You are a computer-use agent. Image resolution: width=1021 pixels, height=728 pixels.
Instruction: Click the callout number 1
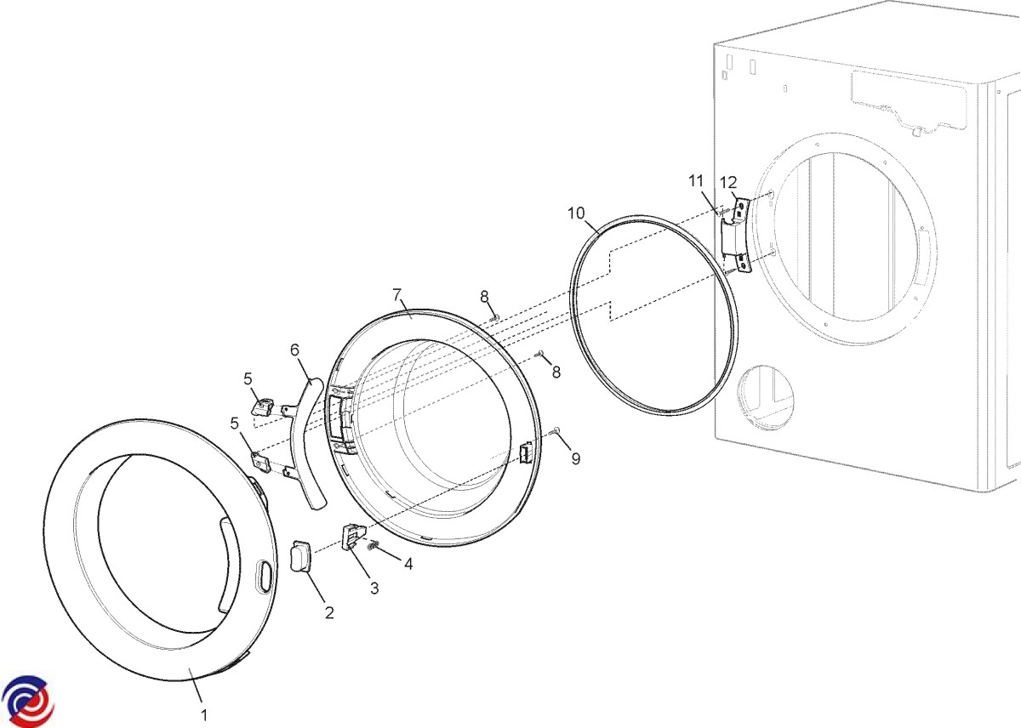click(204, 714)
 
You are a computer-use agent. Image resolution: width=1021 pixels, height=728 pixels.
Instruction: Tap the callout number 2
click(329, 612)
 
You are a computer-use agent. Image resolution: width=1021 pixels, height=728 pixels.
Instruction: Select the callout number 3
click(374, 589)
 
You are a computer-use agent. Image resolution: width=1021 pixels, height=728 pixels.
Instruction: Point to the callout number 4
click(408, 564)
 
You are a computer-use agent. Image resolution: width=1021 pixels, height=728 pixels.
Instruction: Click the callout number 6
click(295, 350)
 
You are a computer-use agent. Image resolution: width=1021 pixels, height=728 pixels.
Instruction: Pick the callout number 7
click(397, 295)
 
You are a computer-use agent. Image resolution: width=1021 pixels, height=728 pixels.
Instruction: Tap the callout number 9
click(576, 458)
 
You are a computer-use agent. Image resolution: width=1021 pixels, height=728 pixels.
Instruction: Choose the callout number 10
click(576, 213)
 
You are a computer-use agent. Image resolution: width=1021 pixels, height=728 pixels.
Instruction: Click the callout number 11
click(696, 181)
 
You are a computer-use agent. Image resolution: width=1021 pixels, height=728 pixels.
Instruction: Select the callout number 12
click(728, 183)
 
